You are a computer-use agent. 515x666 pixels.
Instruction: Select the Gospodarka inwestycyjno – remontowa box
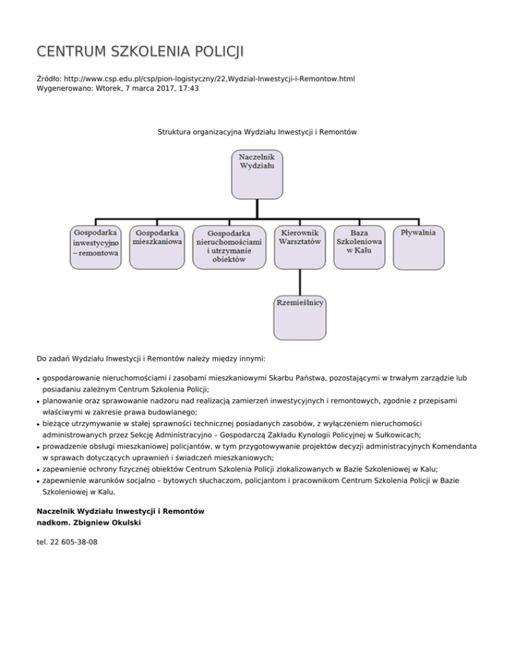point(95,247)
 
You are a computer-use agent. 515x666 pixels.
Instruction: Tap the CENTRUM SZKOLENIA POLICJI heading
point(140,52)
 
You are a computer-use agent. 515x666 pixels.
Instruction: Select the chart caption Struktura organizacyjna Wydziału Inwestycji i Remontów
point(257,133)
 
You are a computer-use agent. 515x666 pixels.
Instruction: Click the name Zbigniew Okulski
point(107,522)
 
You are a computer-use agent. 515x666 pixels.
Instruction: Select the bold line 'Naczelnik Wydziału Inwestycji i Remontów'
point(120,511)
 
